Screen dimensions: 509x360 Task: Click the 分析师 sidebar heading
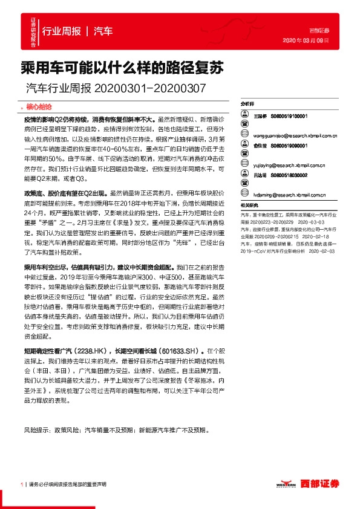click(247, 105)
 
